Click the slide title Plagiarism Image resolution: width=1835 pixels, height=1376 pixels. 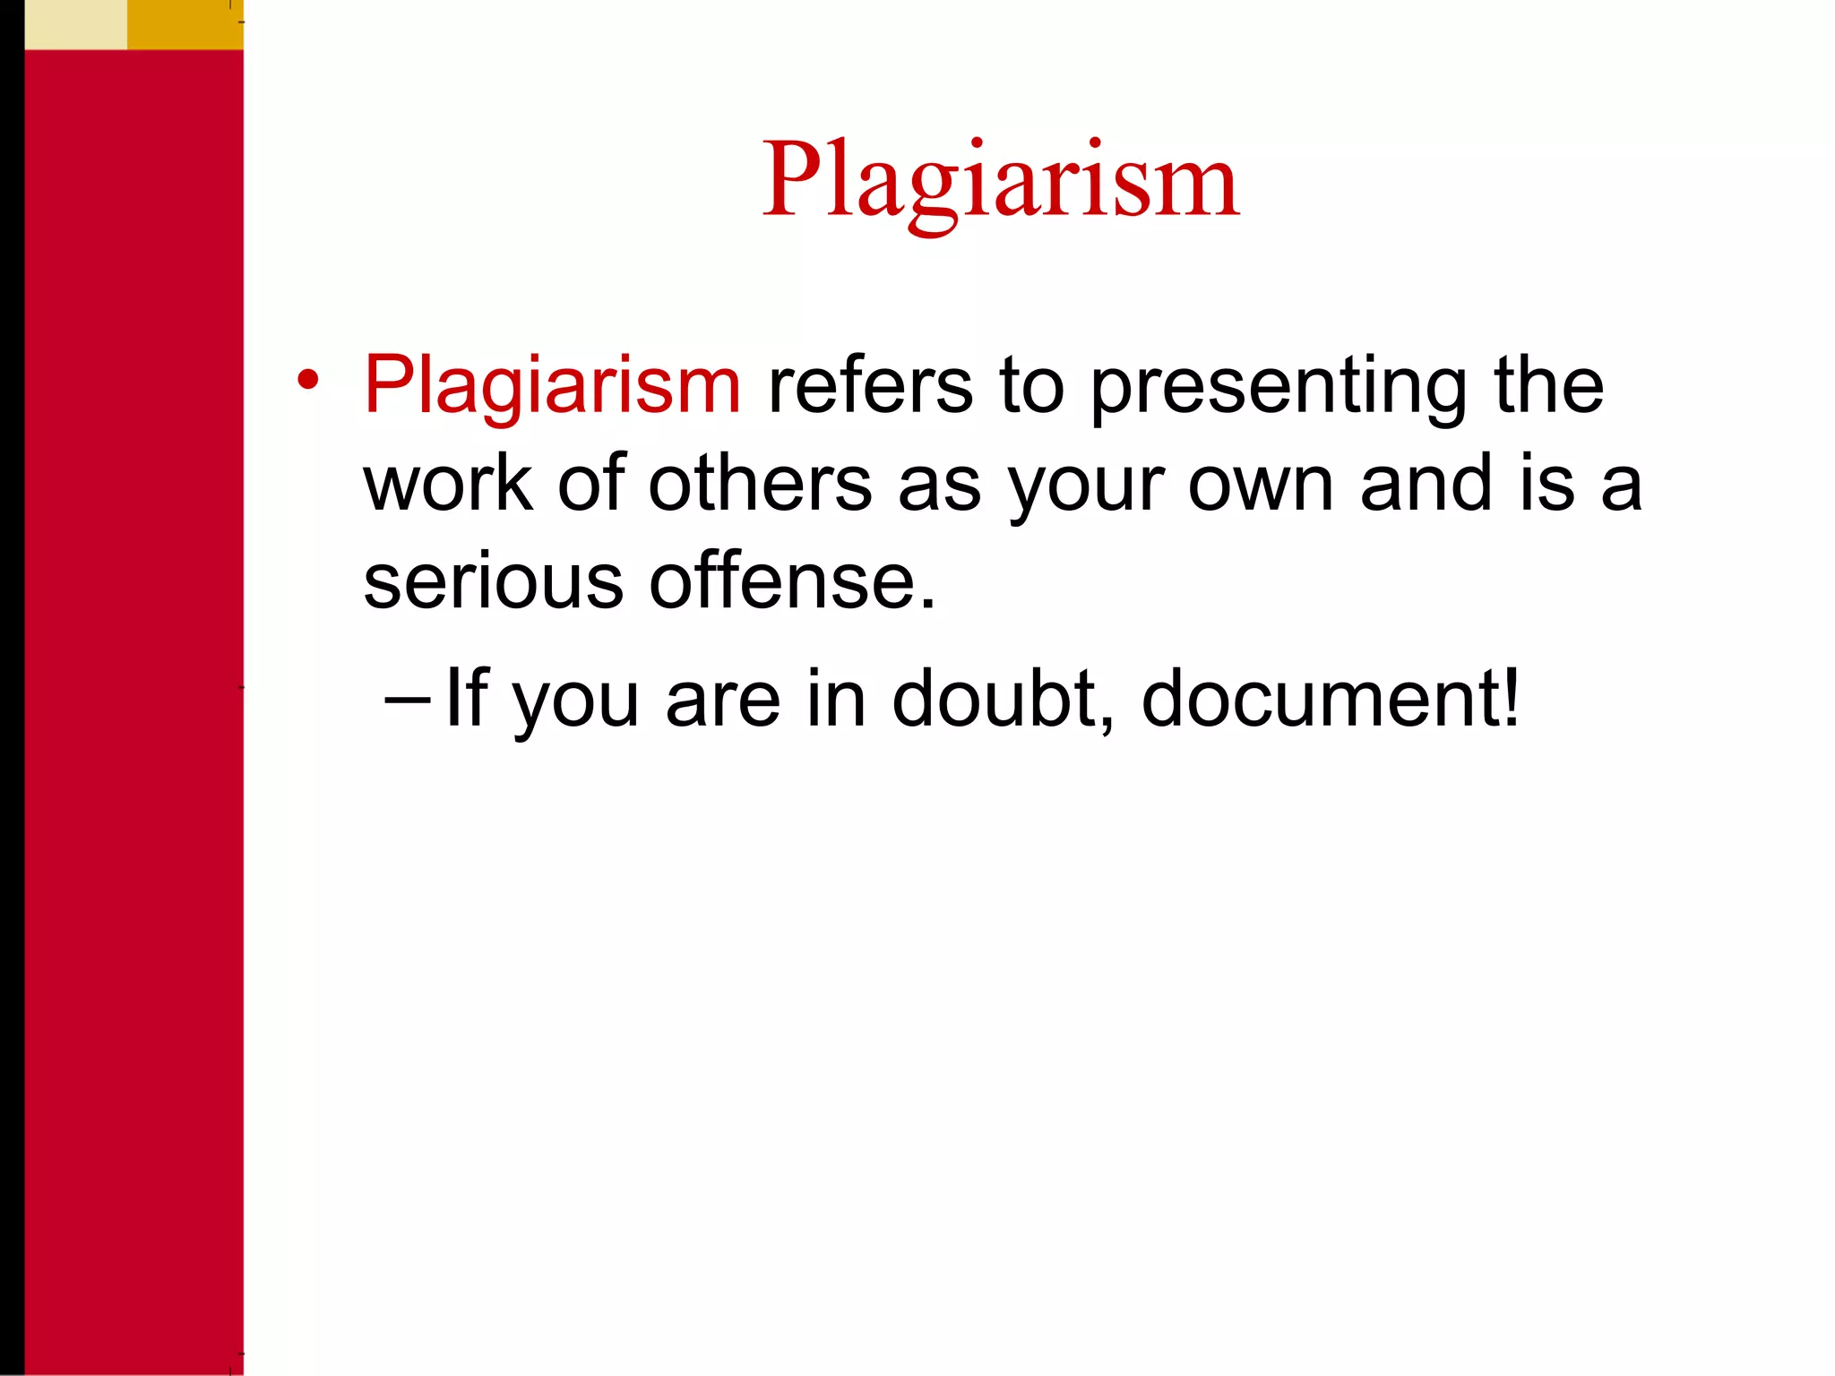click(1000, 181)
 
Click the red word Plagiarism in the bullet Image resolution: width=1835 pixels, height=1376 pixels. click(552, 385)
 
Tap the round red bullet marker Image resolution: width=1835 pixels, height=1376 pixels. click(307, 380)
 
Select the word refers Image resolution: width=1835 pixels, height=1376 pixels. click(870, 385)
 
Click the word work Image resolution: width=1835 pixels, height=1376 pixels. click(448, 484)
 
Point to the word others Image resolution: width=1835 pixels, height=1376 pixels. click(760, 484)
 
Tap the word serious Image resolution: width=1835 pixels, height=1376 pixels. click(493, 582)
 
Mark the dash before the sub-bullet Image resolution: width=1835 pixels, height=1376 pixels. click(408, 698)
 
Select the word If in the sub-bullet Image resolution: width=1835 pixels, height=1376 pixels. click(466, 698)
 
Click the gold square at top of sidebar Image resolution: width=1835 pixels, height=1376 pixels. click(185, 24)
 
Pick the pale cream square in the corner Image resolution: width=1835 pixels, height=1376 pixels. click(75, 24)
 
